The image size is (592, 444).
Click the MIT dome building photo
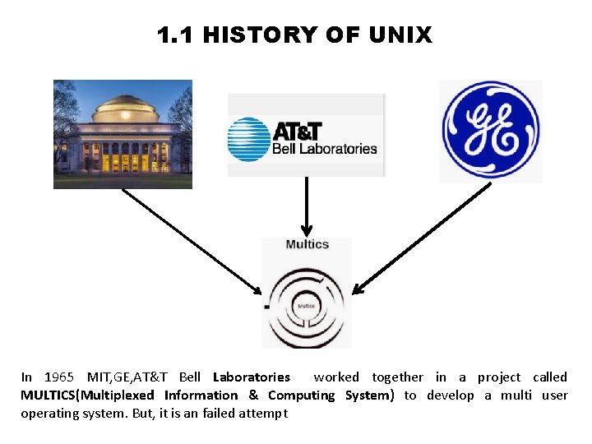(123, 134)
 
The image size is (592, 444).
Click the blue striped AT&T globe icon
(248, 139)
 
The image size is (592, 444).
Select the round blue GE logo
(490, 131)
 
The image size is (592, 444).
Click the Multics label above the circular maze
(307, 244)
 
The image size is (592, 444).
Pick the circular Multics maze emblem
(307, 305)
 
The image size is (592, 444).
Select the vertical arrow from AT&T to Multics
(306, 206)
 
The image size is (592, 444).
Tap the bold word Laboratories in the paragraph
(251, 377)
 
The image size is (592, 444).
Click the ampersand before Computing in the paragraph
(253, 395)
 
